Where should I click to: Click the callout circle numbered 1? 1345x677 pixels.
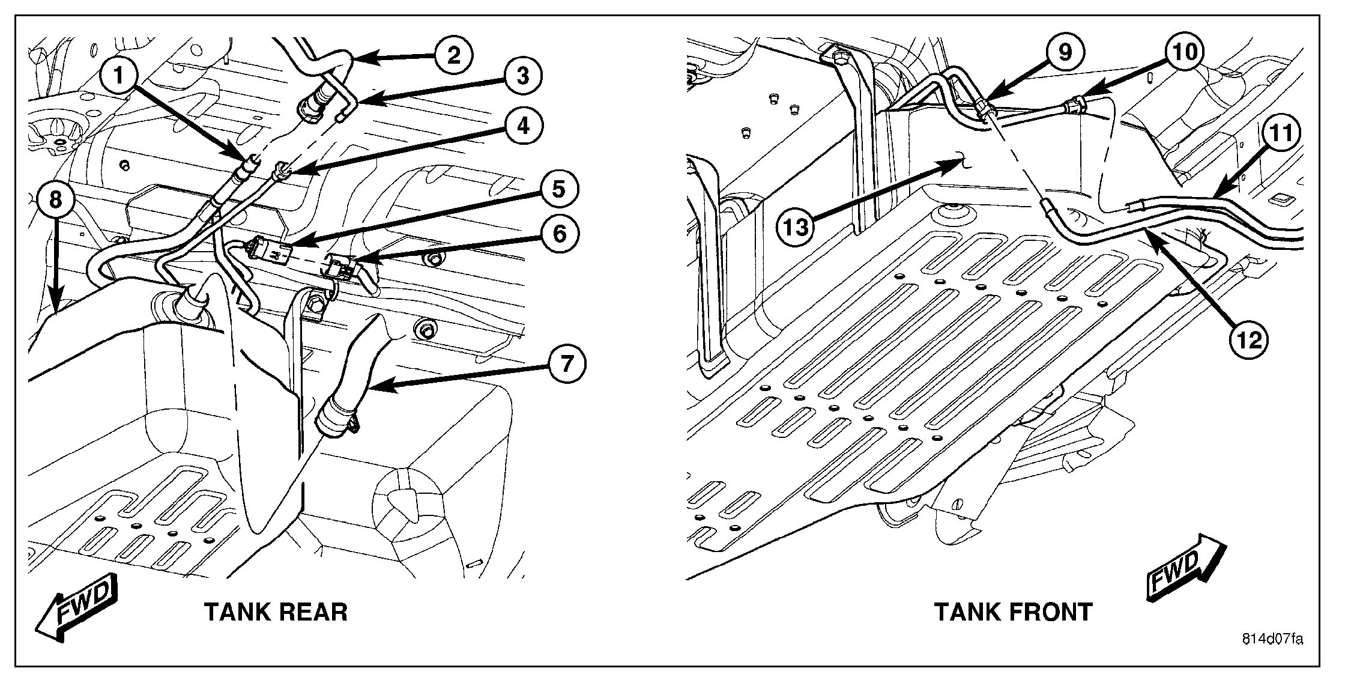click(119, 75)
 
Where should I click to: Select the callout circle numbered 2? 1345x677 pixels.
click(453, 56)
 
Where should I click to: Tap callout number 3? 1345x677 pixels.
click(522, 76)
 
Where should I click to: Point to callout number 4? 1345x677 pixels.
click(523, 127)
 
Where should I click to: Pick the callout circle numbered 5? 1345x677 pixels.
click(558, 189)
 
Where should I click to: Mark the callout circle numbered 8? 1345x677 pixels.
click(55, 199)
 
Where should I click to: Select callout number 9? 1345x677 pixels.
click(1064, 52)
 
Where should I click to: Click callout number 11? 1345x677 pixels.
click(1281, 133)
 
